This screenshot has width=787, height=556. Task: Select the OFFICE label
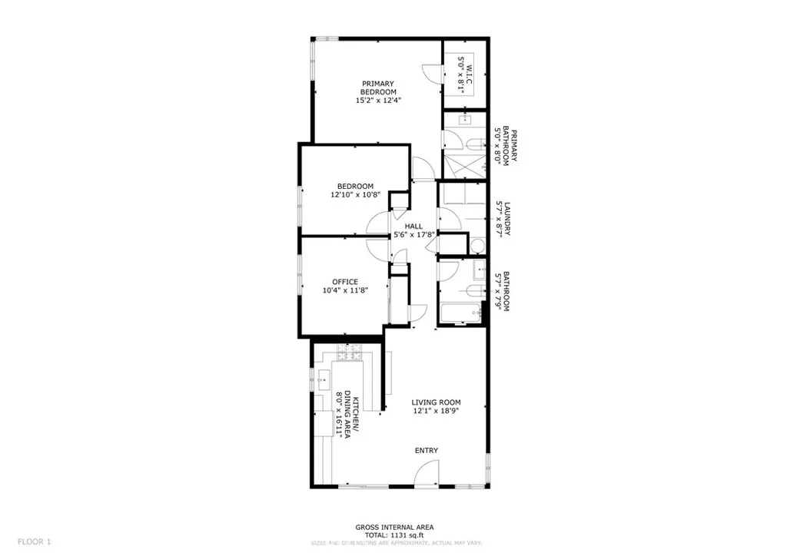[345, 282]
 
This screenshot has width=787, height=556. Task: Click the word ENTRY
[427, 450]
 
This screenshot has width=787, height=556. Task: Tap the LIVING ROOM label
[436, 402]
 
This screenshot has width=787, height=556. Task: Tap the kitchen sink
[324, 376]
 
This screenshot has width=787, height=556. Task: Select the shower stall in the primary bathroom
[463, 164]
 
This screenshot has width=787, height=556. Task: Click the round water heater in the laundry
[477, 247]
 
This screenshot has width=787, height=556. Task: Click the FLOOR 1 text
[35, 541]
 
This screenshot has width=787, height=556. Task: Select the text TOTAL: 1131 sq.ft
[394, 535]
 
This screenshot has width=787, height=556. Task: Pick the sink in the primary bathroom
[464, 120]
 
